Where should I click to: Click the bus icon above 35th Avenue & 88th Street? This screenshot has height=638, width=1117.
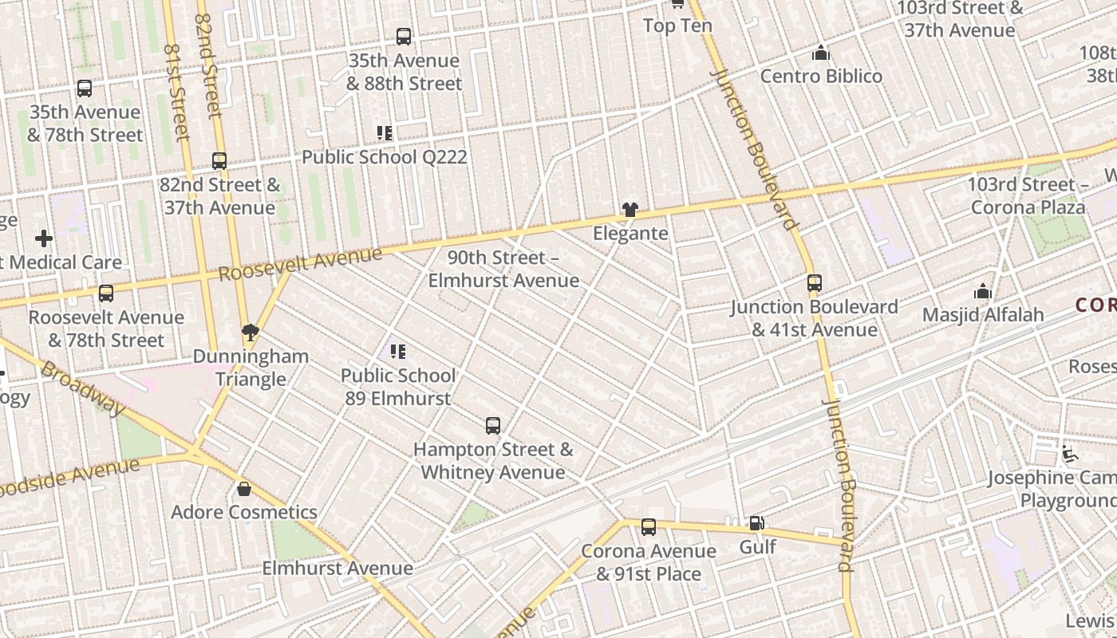point(404,36)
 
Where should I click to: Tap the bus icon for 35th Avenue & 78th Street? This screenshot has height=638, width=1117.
point(85,89)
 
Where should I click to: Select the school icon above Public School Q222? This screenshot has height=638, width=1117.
point(385,133)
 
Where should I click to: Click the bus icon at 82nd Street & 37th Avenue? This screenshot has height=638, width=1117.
point(219,161)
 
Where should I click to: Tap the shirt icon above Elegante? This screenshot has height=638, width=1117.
point(630,210)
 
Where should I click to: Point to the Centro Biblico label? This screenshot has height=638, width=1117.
point(821,76)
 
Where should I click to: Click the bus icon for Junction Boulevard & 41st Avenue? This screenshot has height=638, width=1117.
point(814,283)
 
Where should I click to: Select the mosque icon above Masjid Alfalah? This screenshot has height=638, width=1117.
point(983,292)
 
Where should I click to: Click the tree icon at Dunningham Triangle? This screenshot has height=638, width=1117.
point(251,332)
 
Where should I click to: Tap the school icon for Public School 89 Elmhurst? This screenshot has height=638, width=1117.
point(398,351)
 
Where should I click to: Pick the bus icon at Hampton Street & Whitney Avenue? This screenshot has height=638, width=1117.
point(493,426)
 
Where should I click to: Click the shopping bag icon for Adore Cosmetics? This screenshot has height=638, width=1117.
point(244,488)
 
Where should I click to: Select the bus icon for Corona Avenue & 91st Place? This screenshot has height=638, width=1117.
point(649,527)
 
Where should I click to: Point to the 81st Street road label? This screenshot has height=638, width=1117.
point(176,92)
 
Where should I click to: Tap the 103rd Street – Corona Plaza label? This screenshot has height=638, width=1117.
point(1028,196)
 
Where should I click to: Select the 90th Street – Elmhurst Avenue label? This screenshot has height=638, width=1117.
point(503,269)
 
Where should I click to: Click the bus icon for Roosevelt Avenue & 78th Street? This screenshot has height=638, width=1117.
point(106,293)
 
